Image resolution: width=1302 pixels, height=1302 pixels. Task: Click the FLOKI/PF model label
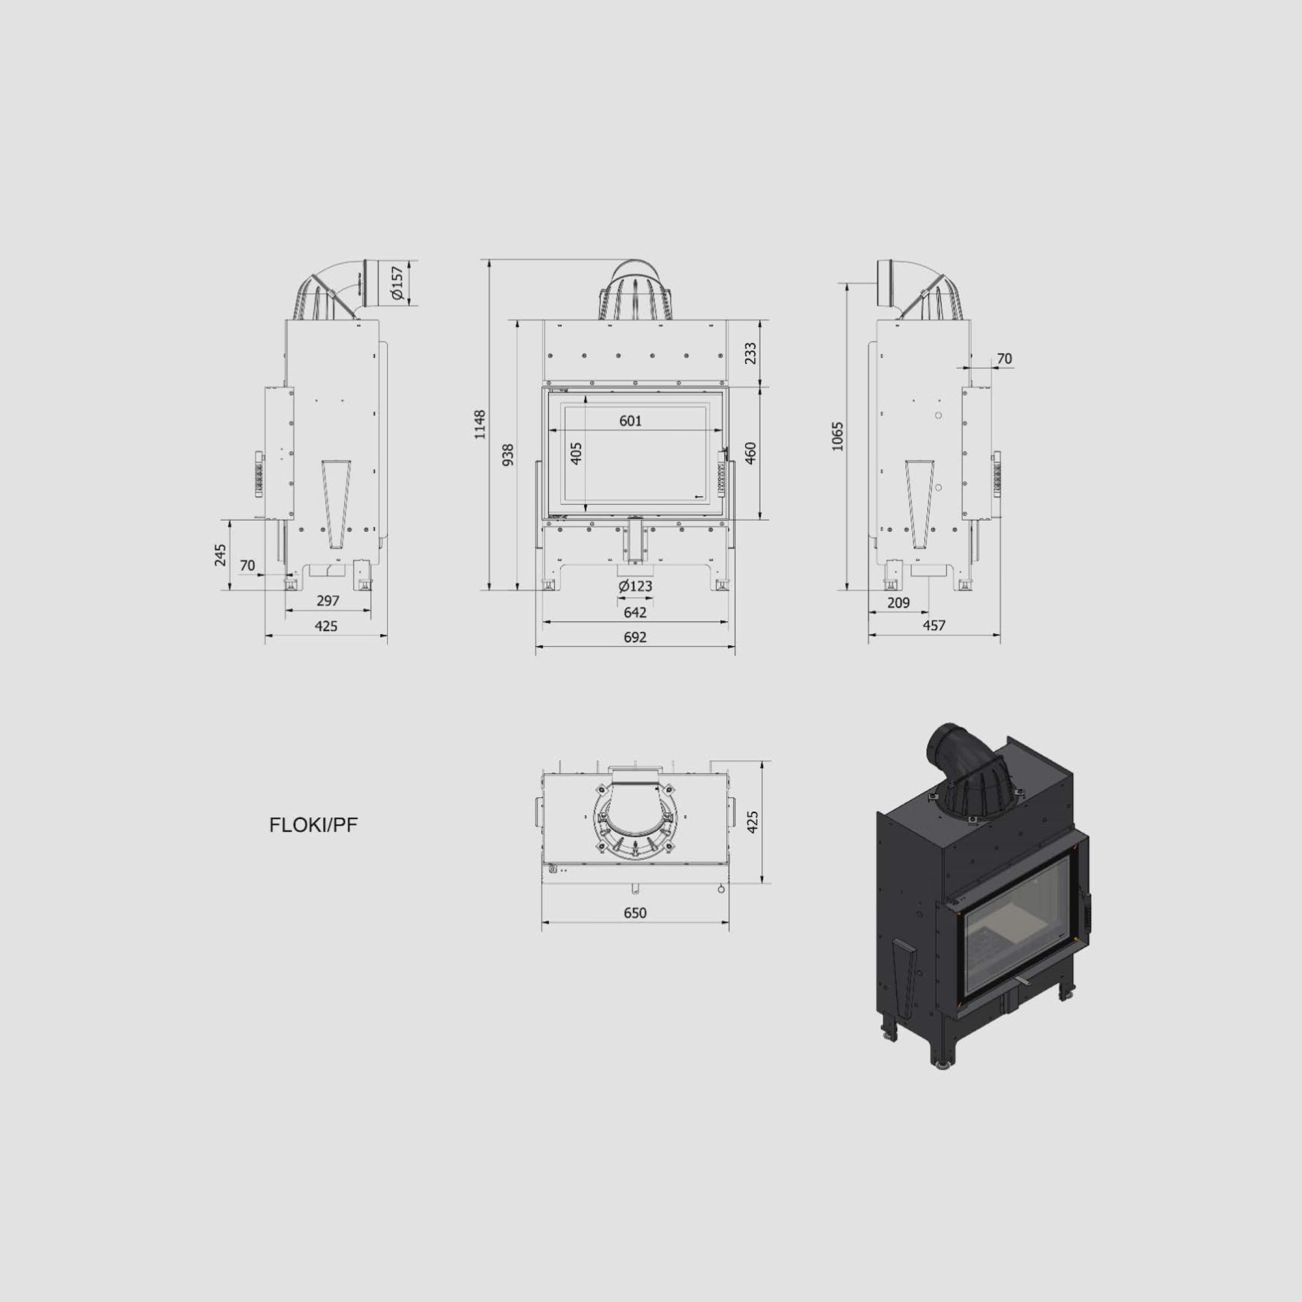pos(314,825)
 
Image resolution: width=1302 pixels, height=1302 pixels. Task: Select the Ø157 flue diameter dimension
pos(397,283)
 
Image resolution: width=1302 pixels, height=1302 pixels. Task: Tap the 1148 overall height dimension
pos(480,424)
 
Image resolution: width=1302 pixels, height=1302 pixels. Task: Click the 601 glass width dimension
pos(630,421)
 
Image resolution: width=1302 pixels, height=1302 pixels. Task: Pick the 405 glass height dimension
pos(576,453)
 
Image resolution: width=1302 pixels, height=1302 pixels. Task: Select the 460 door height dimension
pos(751,453)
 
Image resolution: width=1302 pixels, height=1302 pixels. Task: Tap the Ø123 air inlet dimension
pos(635,586)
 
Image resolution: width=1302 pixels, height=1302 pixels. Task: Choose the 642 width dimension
pos(635,612)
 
